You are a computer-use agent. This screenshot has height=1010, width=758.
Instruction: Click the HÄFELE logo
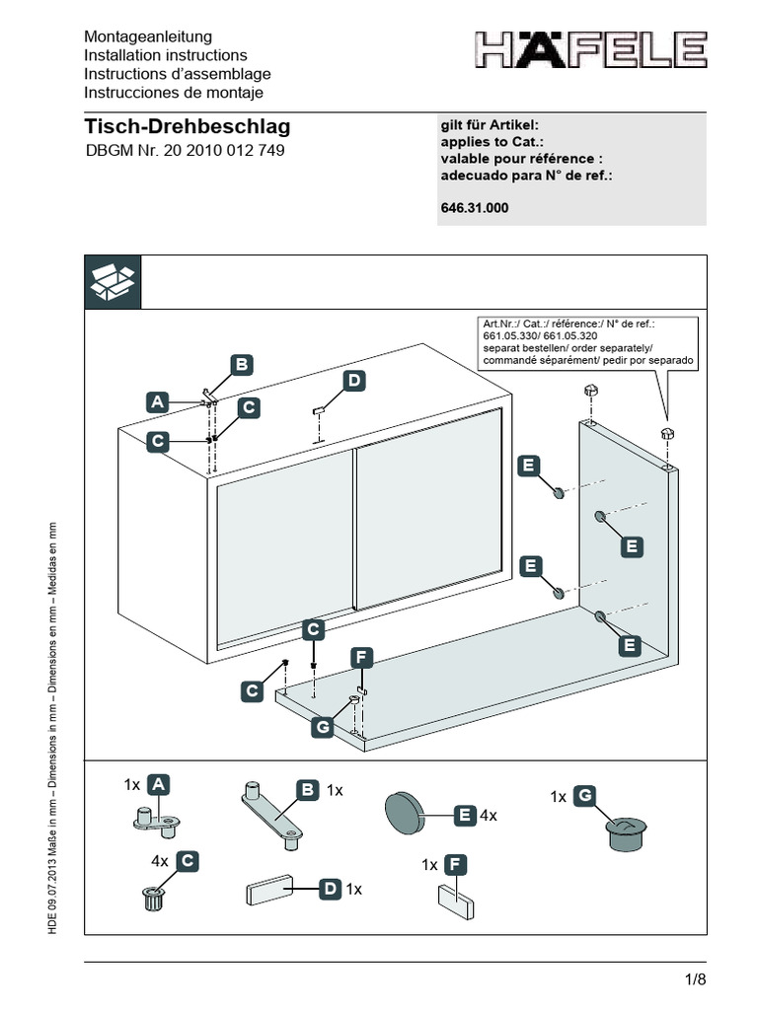pyautogui.click(x=590, y=50)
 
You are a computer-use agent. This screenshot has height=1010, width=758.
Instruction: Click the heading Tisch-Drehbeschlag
pyautogui.click(x=188, y=127)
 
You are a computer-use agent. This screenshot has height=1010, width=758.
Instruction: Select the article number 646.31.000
pyautogui.click(x=475, y=209)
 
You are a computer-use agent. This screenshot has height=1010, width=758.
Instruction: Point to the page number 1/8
pyautogui.click(x=695, y=979)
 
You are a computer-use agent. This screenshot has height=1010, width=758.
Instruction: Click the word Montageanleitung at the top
pyautogui.click(x=148, y=36)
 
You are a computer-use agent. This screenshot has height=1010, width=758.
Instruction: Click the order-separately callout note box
pyautogui.click(x=587, y=342)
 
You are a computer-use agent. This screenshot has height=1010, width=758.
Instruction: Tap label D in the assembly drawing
pyautogui.click(x=353, y=381)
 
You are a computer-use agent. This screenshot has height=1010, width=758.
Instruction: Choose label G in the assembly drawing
pyautogui.click(x=322, y=728)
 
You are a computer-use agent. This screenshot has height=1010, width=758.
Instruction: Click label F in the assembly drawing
pyautogui.click(x=362, y=657)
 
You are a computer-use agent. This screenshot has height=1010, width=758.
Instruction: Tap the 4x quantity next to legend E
pyautogui.click(x=488, y=816)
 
